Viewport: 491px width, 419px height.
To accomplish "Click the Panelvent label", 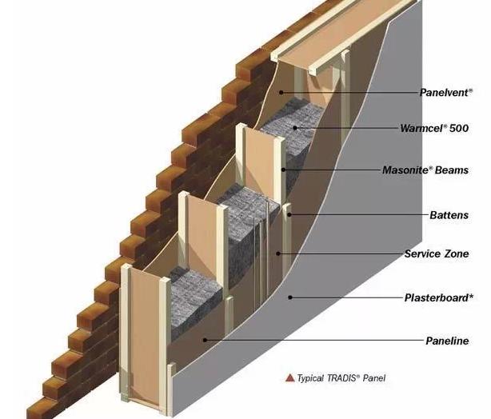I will [x=451, y=92].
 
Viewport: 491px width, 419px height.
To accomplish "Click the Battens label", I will [x=449, y=215].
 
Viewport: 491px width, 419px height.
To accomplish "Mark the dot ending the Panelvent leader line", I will [x=281, y=93].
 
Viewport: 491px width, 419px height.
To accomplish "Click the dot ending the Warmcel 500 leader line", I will [x=294, y=128].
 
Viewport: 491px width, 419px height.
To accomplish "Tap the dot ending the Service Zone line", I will [x=278, y=255].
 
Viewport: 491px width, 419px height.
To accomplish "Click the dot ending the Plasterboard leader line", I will [x=292, y=298].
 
